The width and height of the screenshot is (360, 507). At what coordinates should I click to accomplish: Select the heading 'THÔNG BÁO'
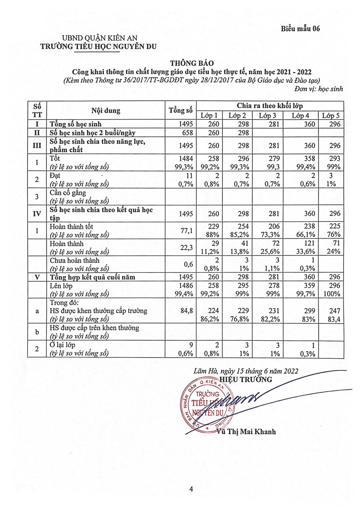click(192, 63)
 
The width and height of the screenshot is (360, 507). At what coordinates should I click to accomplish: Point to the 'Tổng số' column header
click(181, 110)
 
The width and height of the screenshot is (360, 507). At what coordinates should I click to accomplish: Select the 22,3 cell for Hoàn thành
click(188, 248)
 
